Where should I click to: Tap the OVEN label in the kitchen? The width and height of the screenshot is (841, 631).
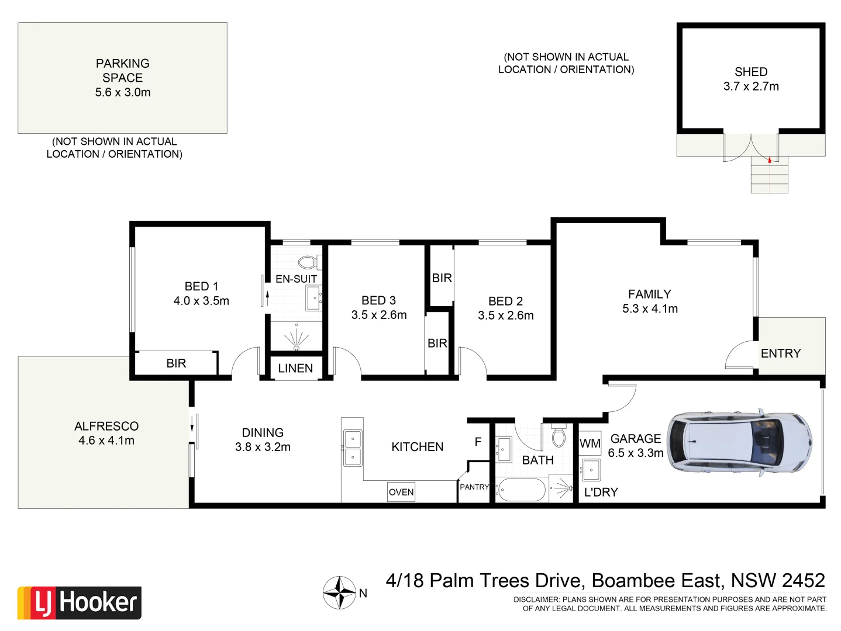pos(401,492)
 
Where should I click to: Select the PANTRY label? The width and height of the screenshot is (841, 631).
pos(474,487)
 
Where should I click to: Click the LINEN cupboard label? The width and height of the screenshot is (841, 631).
pos(295,368)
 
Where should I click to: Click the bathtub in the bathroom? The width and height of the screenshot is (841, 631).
pos(521,490)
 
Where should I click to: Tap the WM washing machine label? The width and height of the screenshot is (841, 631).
pos(590,443)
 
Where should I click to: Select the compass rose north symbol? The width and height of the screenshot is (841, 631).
pos(340,592)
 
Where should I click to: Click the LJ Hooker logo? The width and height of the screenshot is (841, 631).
pos(80,603)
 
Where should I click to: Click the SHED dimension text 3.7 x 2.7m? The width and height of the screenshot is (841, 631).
pos(751,86)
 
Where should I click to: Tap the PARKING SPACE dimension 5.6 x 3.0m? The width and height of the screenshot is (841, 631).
pos(123,92)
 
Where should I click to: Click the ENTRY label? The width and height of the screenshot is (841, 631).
pos(781,353)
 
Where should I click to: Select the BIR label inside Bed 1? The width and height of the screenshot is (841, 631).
pos(176,363)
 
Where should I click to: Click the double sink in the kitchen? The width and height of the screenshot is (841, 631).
pos(353,448)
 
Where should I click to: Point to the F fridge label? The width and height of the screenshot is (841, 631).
pos(478,442)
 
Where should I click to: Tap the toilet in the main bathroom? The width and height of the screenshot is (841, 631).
pos(559,436)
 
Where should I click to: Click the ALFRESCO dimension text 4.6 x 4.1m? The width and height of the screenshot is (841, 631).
pos(106,441)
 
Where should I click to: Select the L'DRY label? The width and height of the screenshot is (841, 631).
pos(601,492)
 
